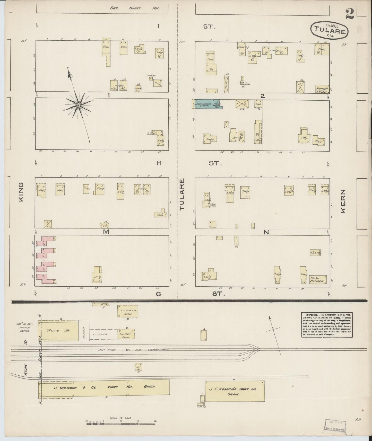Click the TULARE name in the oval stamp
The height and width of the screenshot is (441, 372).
click(x=329, y=31)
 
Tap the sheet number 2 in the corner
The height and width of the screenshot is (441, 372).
click(x=351, y=14)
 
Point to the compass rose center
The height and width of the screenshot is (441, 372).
click(x=78, y=105)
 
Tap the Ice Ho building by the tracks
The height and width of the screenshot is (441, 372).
click(x=139, y=367)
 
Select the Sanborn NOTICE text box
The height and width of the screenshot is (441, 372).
click(x=327, y=325)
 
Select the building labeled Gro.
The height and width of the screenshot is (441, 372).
click(x=106, y=47)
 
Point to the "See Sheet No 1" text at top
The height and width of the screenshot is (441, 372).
click(x=135, y=8)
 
